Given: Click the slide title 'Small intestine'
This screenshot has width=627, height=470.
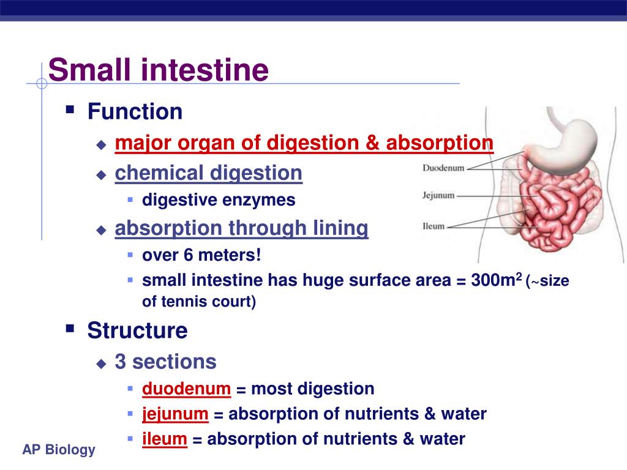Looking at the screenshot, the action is click(159, 70).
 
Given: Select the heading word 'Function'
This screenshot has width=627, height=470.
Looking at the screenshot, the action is click(135, 111).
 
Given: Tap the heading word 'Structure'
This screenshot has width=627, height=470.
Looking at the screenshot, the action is click(138, 330).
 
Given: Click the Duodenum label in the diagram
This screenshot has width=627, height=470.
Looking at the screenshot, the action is click(443, 168).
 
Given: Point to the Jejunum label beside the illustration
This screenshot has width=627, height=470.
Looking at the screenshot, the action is click(438, 195).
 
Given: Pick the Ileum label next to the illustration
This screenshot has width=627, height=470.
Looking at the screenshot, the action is click(434, 226).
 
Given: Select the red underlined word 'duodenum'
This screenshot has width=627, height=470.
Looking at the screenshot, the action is click(186, 389).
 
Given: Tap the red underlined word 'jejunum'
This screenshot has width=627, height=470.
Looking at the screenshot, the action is click(175, 414).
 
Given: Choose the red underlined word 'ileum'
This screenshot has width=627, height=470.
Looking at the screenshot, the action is click(164, 439).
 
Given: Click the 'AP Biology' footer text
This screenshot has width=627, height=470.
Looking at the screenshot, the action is click(59, 450).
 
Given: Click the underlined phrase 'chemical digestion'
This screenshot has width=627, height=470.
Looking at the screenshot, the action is click(208, 173).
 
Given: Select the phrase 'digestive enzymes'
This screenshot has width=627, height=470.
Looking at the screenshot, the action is click(219, 200).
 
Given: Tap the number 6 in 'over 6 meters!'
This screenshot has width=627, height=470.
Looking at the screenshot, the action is click(188, 255).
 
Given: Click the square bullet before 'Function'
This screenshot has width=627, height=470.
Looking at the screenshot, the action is click(70, 109).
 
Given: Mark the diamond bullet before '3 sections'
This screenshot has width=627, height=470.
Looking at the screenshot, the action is click(101, 364).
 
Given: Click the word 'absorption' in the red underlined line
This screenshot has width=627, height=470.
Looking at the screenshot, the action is click(440, 143).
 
